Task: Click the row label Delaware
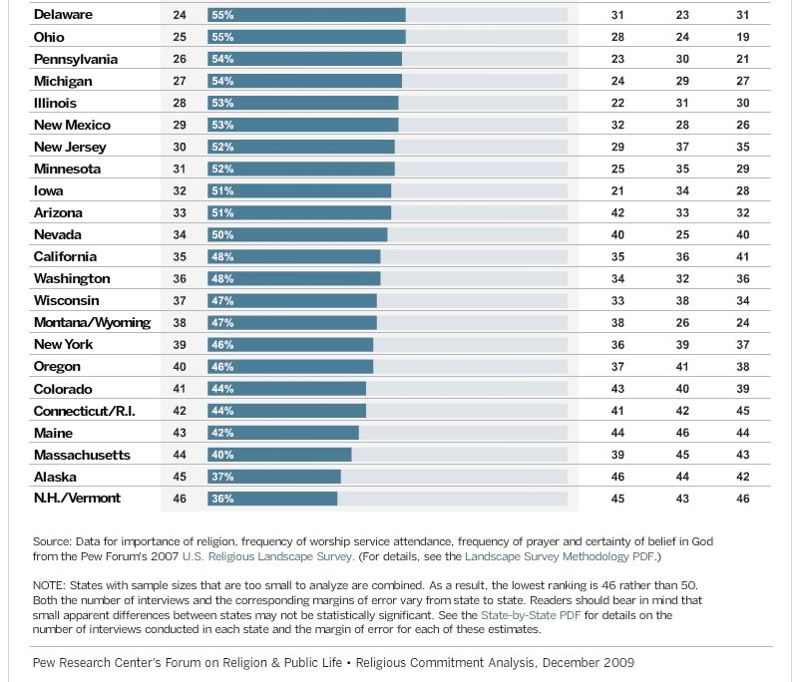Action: point(65,15)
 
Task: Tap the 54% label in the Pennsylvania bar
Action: point(221,59)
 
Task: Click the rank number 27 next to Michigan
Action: point(181,81)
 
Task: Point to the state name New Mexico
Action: point(72,125)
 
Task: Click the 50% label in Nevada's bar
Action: point(221,234)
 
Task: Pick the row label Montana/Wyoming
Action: point(92,322)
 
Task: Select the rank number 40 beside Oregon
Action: point(181,366)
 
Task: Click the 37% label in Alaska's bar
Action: point(221,476)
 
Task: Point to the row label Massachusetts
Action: point(82,455)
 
